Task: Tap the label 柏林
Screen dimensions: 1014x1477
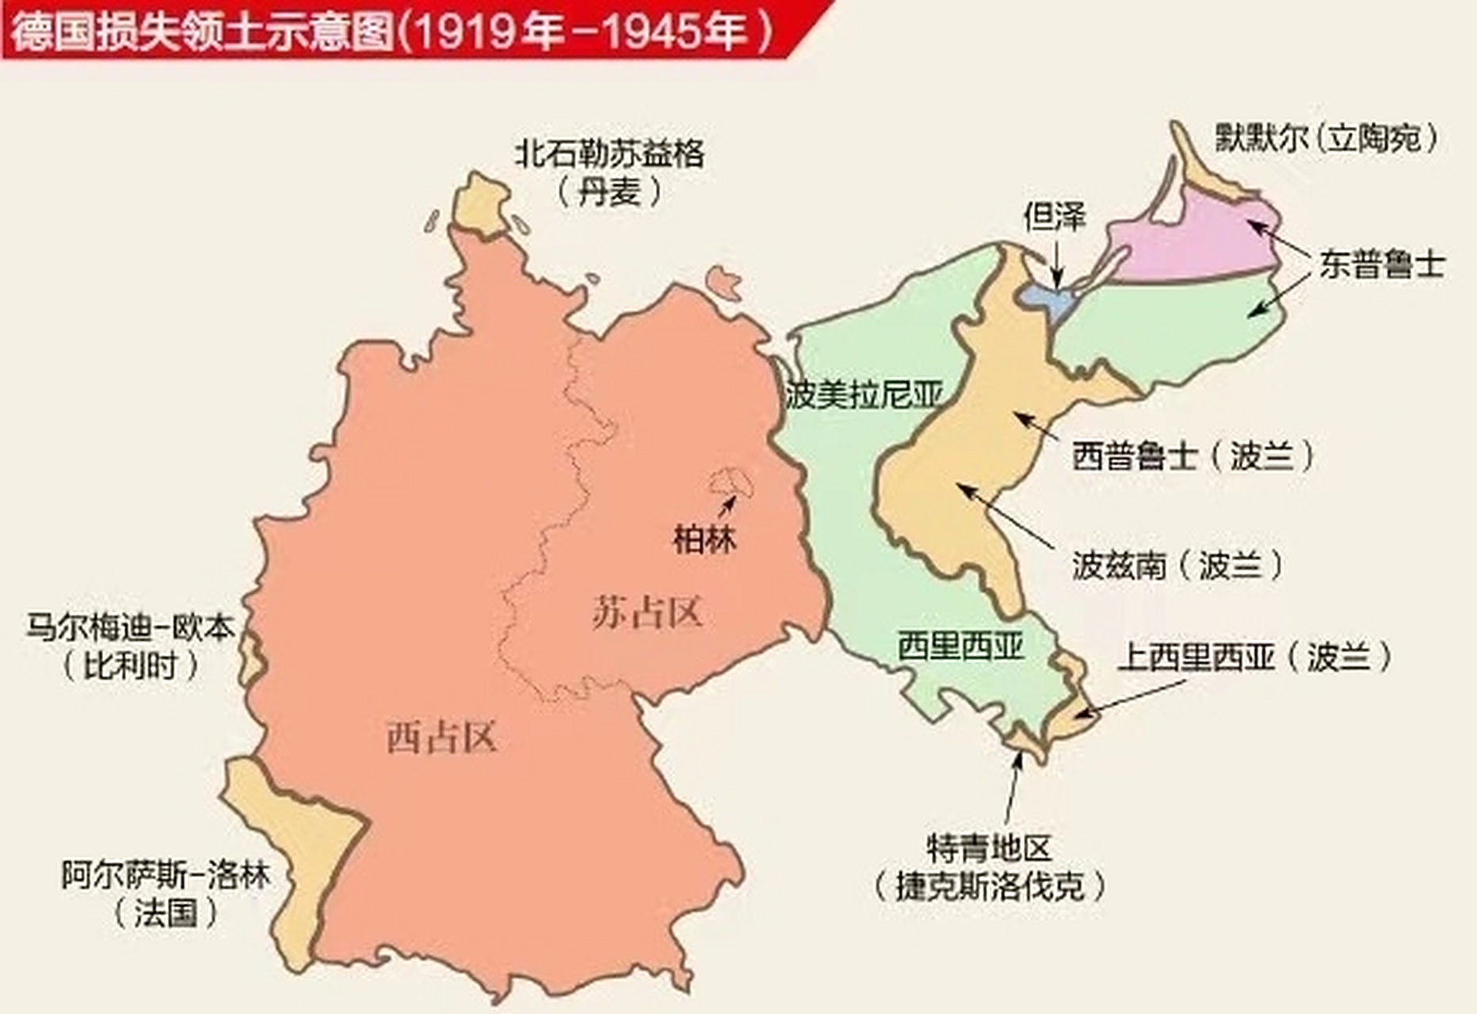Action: pos(704,539)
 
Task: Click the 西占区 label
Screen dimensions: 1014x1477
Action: pos(441,738)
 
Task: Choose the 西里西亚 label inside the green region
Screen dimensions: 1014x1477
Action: pos(960,646)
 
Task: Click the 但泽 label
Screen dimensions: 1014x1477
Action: pos(1054,216)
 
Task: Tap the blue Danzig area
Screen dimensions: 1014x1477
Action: pos(1044,299)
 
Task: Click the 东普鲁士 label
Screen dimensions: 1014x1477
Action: pos(1382,265)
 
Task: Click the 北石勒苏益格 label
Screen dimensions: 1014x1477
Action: pos(609,153)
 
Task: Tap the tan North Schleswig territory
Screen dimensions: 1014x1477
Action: pos(479,204)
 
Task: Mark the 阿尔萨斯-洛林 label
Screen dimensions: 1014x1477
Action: pos(166,876)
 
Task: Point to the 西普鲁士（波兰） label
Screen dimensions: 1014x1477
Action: pos(1193,456)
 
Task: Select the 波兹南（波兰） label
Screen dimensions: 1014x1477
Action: pos(1177,566)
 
